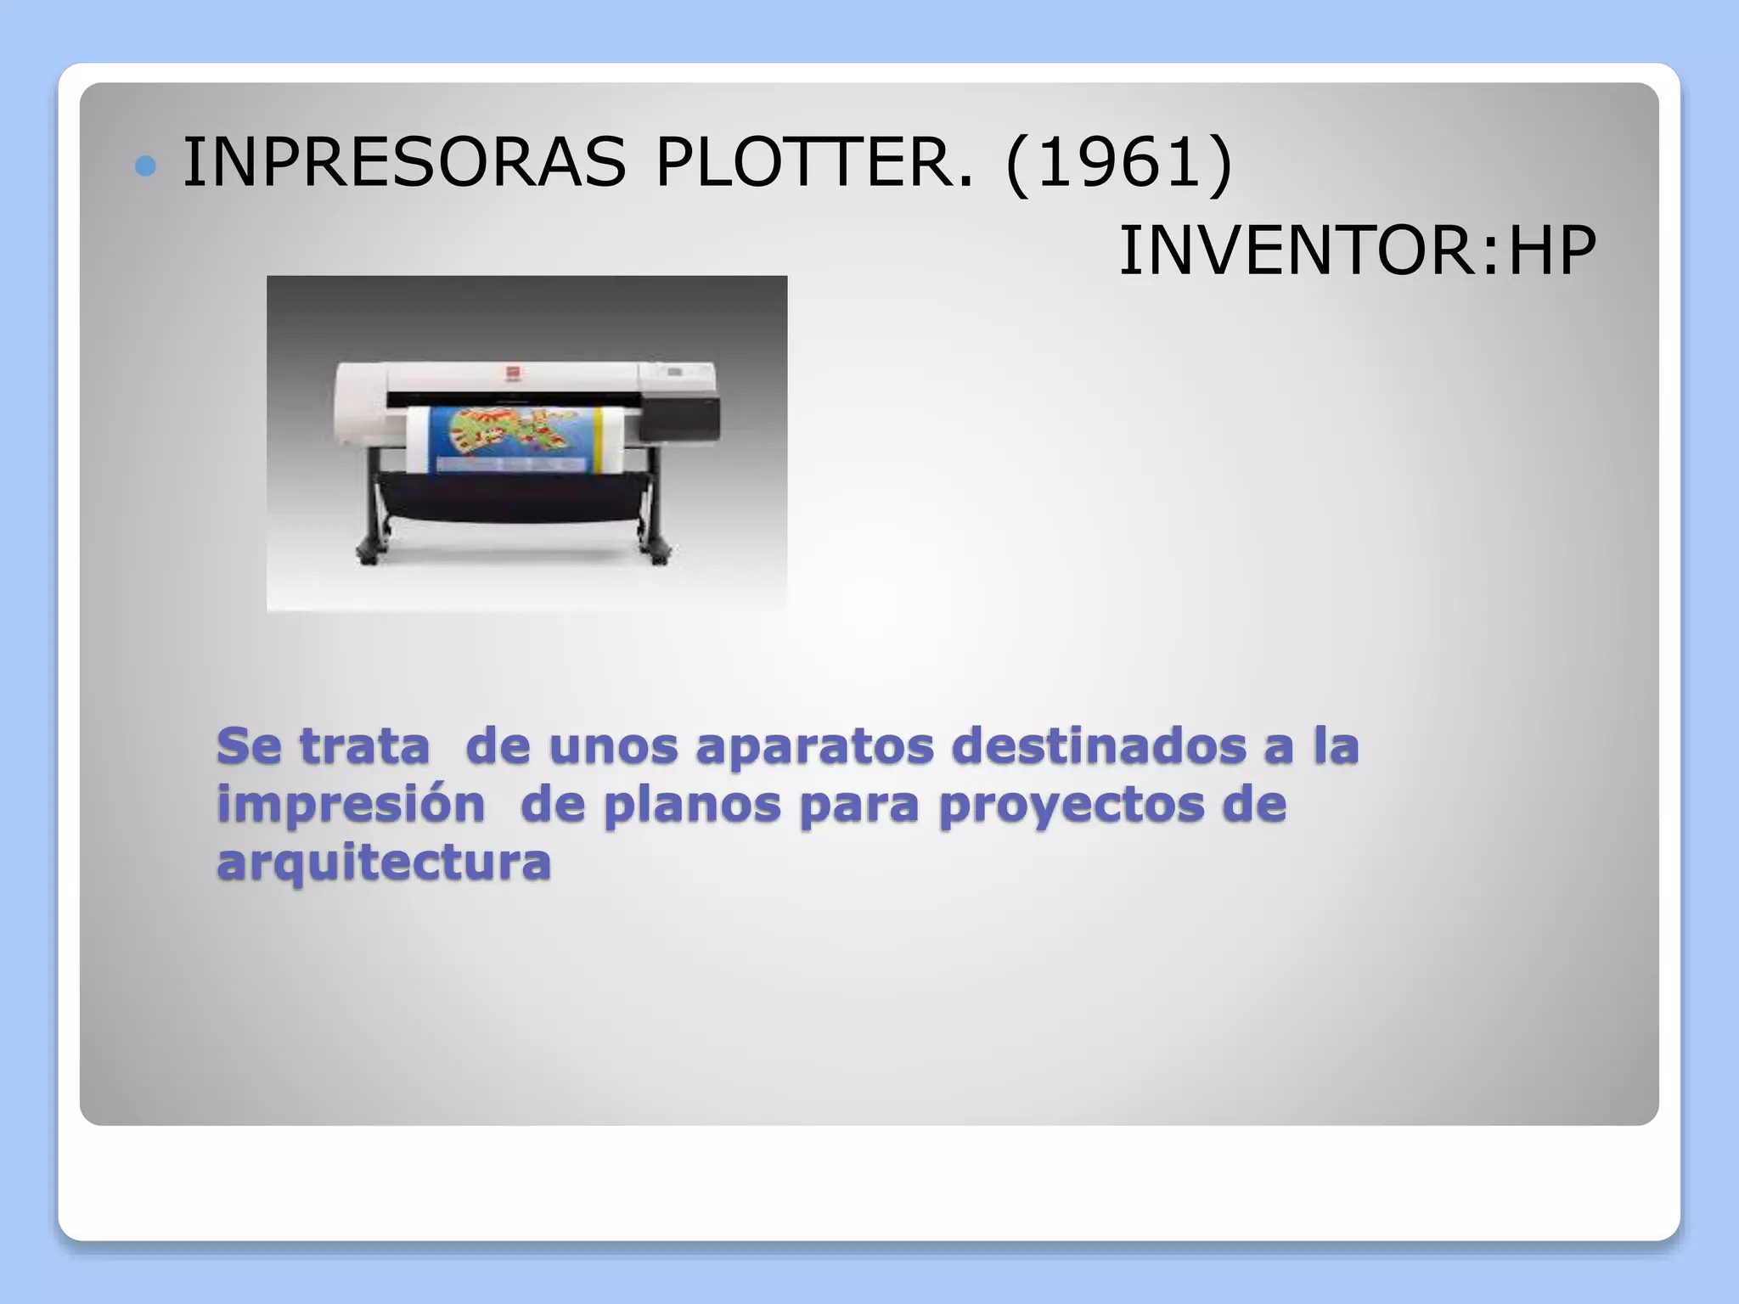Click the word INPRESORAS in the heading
tap(404, 162)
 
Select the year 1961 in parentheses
tap(1118, 162)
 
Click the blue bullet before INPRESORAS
tap(146, 166)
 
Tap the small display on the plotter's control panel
tap(675, 372)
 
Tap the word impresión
tap(351, 804)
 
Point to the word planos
tap(691, 804)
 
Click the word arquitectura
tap(384, 862)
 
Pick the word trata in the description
tap(365, 746)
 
